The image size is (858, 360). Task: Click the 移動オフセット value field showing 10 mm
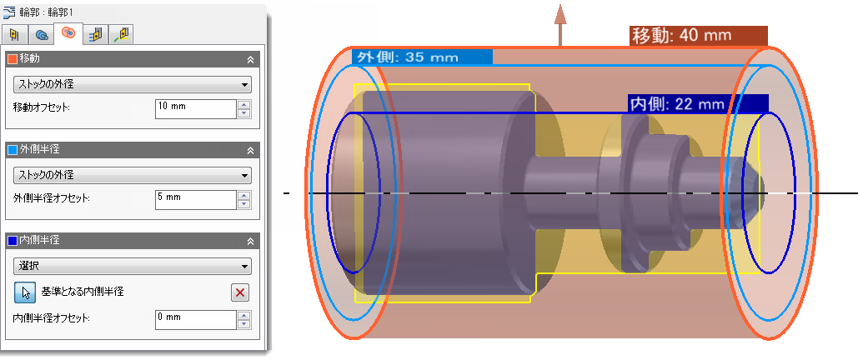click(195, 109)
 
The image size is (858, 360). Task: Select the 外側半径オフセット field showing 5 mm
click(195, 200)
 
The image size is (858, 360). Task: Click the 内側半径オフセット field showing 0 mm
click(195, 320)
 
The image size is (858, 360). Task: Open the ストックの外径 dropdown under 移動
click(133, 85)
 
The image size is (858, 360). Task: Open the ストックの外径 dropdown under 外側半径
click(133, 176)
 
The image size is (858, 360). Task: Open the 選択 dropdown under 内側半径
click(133, 267)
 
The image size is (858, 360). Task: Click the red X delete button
click(239, 292)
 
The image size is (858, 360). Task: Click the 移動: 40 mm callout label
click(699, 36)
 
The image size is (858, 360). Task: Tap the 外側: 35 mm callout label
click(422, 57)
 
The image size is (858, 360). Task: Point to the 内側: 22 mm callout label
click(698, 104)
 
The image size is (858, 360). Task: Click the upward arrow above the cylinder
click(559, 26)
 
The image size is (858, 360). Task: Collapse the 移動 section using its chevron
click(251, 59)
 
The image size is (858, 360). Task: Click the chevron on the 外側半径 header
click(251, 150)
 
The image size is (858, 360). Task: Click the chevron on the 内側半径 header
click(251, 241)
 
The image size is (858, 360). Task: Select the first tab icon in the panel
click(15, 35)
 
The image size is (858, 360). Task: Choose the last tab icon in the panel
click(121, 35)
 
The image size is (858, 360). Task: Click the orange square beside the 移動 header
click(13, 59)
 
